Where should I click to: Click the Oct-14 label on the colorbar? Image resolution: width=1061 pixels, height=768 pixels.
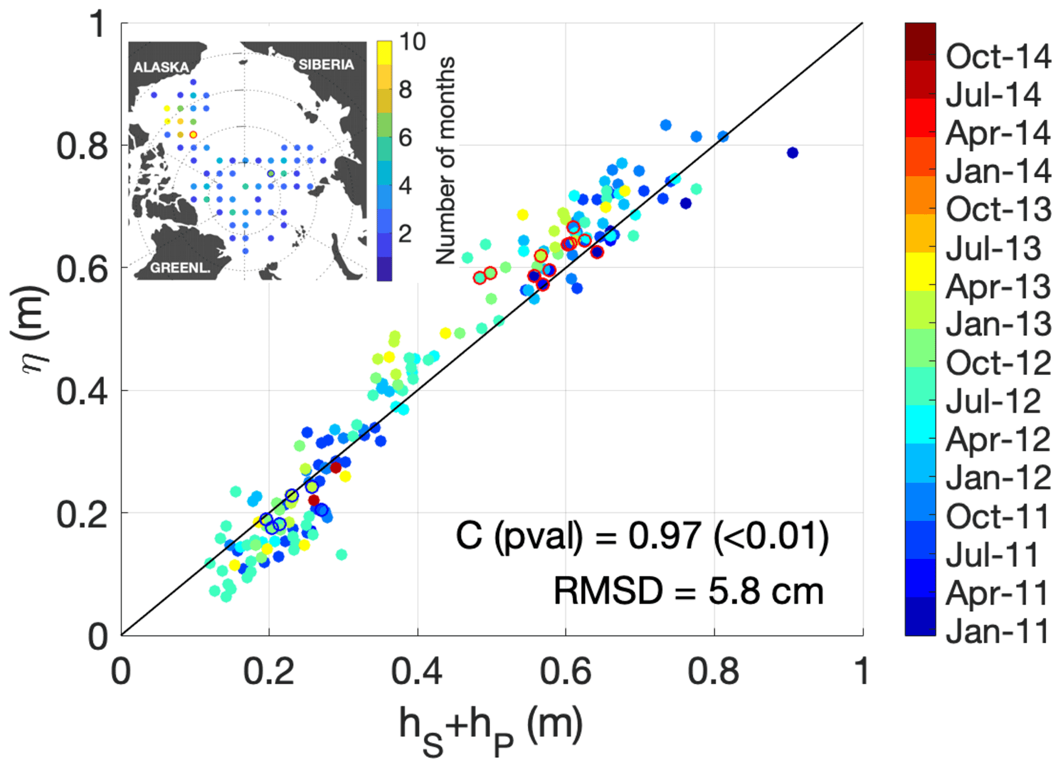click(998, 57)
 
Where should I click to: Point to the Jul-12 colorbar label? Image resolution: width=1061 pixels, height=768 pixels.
click(994, 401)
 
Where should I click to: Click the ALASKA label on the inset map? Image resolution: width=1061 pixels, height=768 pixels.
click(161, 67)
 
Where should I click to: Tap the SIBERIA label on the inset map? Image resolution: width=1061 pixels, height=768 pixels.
click(326, 65)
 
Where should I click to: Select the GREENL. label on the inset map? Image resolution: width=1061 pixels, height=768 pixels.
click(180, 268)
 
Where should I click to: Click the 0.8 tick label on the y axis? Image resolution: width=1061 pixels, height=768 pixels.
click(82, 146)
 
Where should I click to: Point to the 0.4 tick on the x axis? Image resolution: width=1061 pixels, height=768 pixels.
click(417, 671)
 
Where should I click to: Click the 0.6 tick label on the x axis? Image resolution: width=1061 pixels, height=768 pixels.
click(565, 671)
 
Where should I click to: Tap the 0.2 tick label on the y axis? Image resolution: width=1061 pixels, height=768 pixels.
click(82, 514)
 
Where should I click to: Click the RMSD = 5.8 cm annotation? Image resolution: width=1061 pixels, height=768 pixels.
click(688, 591)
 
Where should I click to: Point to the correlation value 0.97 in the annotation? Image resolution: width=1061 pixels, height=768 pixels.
click(664, 536)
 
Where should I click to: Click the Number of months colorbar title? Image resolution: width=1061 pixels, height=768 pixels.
click(445, 160)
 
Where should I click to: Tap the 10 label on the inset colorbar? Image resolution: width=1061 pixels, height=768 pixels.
click(412, 42)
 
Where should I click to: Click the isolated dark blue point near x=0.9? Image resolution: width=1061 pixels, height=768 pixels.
click(793, 153)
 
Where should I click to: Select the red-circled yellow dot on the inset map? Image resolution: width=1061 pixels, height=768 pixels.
click(193, 135)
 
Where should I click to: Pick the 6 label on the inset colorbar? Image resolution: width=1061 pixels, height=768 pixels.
click(406, 138)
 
